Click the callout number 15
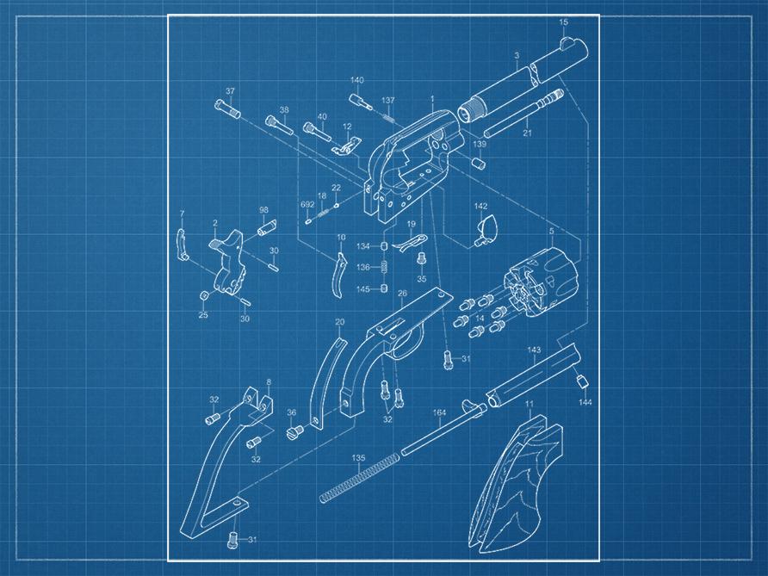tap(564, 22)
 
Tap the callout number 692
tap(307, 204)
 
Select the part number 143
tap(534, 350)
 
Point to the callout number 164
tap(439, 412)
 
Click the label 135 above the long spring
tap(358, 458)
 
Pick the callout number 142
tap(481, 206)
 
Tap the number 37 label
tap(230, 91)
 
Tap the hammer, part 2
tap(228, 262)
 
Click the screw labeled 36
tap(295, 431)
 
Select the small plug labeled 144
tap(581, 381)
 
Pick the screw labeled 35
tap(420, 258)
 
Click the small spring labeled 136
tap(385, 268)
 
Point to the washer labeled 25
tap(203, 296)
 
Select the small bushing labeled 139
tap(478, 163)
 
